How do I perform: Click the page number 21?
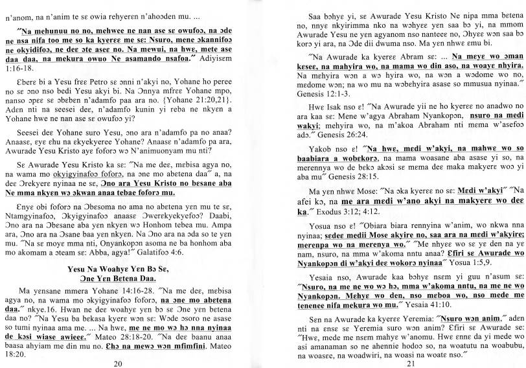(x=391, y=362)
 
